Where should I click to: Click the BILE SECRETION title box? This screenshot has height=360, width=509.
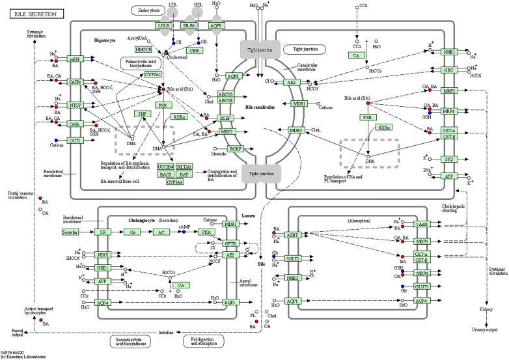[x=32, y=14]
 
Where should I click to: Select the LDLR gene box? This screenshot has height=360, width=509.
[x=164, y=25]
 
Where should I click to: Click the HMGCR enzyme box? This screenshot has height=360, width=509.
[x=143, y=49]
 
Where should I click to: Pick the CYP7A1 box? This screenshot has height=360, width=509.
[x=153, y=75]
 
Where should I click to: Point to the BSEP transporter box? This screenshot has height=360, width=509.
[x=226, y=118]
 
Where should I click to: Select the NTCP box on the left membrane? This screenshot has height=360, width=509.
[x=76, y=105]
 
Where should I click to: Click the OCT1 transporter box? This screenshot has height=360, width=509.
[x=76, y=140]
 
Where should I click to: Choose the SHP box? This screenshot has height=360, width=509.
[x=142, y=113]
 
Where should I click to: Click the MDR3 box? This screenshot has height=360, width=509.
[x=297, y=130]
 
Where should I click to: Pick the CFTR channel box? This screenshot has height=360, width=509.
[x=230, y=243]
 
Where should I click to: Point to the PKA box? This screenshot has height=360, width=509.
[x=207, y=232]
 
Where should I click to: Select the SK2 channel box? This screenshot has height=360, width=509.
[x=448, y=159]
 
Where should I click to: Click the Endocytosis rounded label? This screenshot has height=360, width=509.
[x=148, y=10]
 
